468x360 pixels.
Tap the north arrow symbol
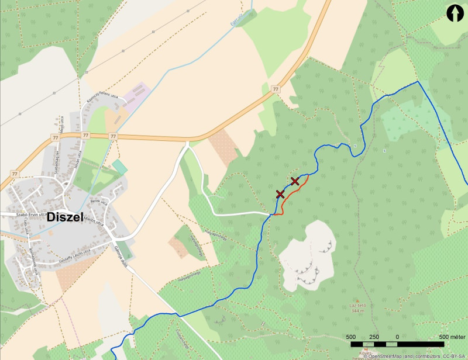[x=454, y=13]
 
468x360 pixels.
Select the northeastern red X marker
[x=295, y=181]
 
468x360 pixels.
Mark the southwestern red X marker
[x=280, y=194]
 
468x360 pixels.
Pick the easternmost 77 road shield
[x=276, y=89]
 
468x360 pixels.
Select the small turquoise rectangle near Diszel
[x=119, y=167]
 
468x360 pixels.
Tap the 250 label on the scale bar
[x=374, y=337]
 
